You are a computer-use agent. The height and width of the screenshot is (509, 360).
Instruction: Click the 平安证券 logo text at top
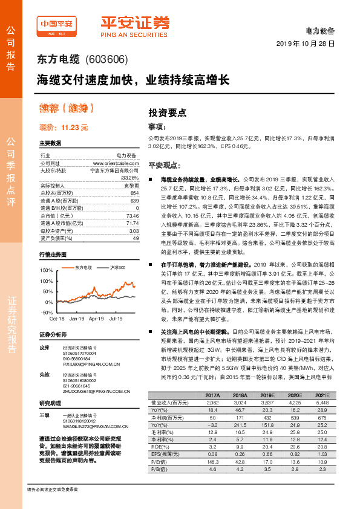(x=135, y=23)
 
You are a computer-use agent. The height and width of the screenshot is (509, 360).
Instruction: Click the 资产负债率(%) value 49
(x=136, y=238)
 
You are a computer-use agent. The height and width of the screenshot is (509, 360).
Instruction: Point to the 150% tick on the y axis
(x=46, y=270)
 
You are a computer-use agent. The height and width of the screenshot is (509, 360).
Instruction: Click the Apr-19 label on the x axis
(x=97, y=318)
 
